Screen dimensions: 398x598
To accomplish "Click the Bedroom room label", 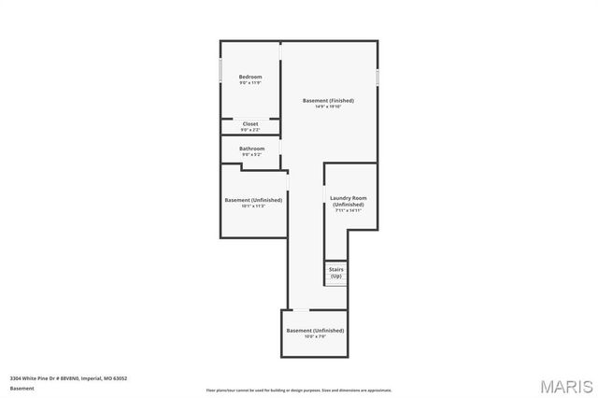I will pyautogui.click(x=249, y=77).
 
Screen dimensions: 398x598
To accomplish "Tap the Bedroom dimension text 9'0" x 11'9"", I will pyautogui.click(x=249, y=83).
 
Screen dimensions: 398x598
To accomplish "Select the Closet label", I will pyautogui.click(x=250, y=123).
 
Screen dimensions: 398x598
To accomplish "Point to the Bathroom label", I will pyautogui.click(x=251, y=149).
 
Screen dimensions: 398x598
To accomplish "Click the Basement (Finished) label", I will pyautogui.click(x=328, y=100).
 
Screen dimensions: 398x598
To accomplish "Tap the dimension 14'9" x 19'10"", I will pyautogui.click(x=328, y=107).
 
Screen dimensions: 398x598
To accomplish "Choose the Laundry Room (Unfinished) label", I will pyautogui.click(x=348, y=201).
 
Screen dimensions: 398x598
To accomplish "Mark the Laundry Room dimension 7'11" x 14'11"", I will pyautogui.click(x=348, y=210).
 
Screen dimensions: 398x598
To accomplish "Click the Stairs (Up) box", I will pyautogui.click(x=335, y=273).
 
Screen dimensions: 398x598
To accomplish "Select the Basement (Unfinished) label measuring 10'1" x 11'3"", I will pyautogui.click(x=252, y=199).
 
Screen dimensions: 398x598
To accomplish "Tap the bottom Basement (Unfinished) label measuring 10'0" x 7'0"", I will pyautogui.click(x=315, y=330).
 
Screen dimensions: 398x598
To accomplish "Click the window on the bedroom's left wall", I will pyautogui.click(x=221, y=71).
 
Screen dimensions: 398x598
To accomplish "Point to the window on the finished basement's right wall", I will pyautogui.click(x=377, y=77).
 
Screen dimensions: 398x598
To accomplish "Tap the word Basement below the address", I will pyautogui.click(x=21, y=387).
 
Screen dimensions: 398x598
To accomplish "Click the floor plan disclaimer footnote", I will pyautogui.click(x=299, y=390).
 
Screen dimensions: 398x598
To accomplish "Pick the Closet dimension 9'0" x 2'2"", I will pyautogui.click(x=250, y=130).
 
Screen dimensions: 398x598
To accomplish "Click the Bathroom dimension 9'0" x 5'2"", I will pyautogui.click(x=251, y=155).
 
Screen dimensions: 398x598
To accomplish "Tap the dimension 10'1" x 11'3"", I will pyautogui.click(x=252, y=206).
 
